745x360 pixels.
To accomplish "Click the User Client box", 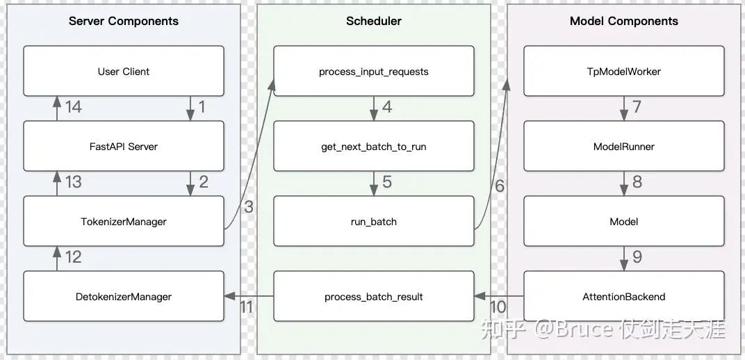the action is click(124, 71).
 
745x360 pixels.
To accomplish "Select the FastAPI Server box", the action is click(124, 146).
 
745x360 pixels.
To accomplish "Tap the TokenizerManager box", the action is click(124, 221).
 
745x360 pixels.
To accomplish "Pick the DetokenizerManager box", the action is click(124, 296).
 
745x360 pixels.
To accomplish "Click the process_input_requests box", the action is click(374, 71).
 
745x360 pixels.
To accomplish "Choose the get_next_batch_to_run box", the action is click(374, 146).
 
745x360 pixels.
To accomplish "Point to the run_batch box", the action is click(374, 221).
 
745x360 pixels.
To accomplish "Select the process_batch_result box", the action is click(374, 296).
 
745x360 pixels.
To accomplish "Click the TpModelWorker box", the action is click(624, 71).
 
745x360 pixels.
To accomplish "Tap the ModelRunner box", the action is click(624, 146).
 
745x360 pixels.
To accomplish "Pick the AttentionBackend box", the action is click(624, 296).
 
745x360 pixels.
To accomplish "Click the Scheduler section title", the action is click(373, 21).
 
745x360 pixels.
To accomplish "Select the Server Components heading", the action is click(124, 22).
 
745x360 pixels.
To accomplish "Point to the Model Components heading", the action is click(624, 22).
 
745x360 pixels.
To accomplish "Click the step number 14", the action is click(73, 107).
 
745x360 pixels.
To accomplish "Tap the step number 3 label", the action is click(249, 206).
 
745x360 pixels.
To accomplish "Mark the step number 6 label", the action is click(500, 186).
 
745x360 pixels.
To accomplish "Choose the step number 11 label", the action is click(245, 306).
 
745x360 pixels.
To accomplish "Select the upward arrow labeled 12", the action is click(57, 259).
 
